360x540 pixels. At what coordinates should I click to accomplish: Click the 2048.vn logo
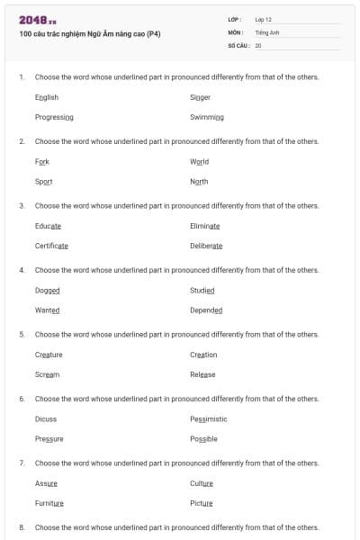point(37,19)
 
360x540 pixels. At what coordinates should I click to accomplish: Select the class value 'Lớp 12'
point(263,19)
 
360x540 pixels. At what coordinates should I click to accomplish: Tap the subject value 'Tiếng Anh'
point(268,31)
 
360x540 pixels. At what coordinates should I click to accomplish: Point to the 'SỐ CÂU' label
point(237,45)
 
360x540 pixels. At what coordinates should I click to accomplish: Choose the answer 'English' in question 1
point(47,97)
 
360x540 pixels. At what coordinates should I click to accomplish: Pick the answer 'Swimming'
point(207,117)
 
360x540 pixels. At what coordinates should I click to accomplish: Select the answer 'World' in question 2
point(199,162)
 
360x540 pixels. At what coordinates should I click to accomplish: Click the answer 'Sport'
point(43,182)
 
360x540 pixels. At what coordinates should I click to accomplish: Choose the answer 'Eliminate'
point(205,226)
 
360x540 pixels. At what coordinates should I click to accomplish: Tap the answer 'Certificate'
point(51,246)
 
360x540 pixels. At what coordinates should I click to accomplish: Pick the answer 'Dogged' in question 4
point(47,291)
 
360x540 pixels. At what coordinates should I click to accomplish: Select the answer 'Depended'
point(206,310)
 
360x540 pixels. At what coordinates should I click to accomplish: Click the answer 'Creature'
point(49,355)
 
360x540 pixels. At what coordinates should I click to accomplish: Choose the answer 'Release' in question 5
point(202,374)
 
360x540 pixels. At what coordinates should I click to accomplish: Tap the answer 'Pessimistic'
point(209,418)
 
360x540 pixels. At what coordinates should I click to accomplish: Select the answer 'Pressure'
point(49,438)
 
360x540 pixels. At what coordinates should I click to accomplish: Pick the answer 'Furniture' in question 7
point(49,503)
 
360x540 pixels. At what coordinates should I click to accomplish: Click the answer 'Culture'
point(202,483)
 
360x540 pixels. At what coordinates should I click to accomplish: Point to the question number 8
point(22,526)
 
